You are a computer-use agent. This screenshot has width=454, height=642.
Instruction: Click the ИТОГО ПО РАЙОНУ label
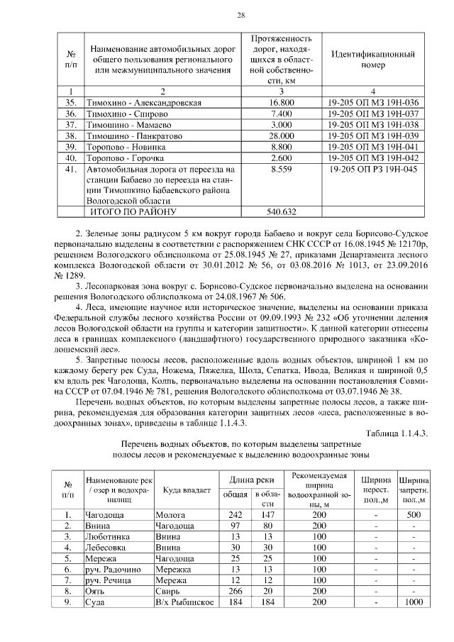[128, 211]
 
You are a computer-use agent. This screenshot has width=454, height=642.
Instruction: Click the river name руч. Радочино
[113, 570]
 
